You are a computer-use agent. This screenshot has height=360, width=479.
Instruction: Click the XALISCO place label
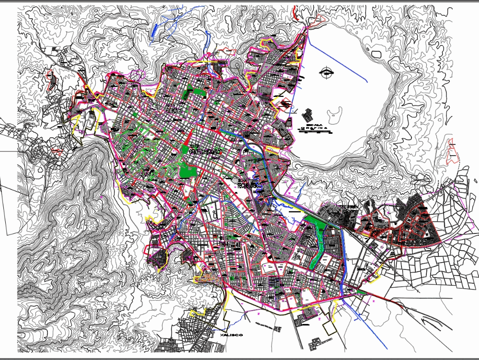232,335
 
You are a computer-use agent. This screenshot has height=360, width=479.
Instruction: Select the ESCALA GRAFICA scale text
311,126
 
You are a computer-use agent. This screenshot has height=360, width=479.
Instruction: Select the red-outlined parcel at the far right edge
451,151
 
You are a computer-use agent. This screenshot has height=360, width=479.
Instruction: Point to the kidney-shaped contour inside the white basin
335,114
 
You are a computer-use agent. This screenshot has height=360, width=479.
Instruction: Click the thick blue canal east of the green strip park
341,259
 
